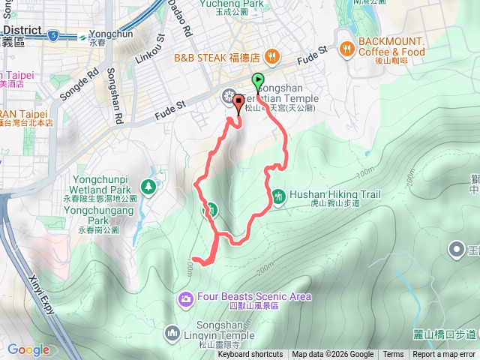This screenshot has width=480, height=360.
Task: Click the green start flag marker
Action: (258, 80)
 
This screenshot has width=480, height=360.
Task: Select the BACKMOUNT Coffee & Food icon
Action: (346, 50)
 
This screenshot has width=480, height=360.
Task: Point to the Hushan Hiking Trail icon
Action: (278, 195)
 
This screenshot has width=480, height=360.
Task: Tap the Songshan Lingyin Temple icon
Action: (172, 332)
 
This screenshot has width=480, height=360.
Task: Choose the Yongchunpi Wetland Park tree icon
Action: (149, 186)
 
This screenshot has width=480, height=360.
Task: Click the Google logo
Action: (28, 349)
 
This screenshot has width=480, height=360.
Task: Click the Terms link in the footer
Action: (393, 355)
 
